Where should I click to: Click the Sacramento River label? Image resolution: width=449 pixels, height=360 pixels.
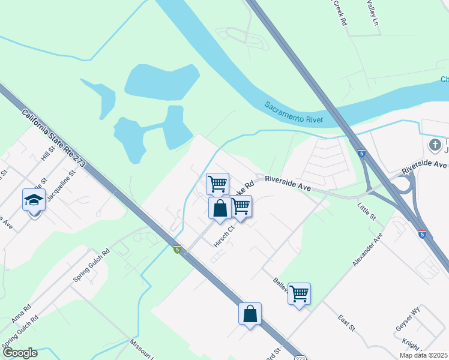coord(294,113)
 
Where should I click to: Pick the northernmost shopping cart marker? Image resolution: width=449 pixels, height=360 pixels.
coord(217,184)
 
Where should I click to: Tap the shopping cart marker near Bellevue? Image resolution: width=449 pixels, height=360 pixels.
coord(298,294)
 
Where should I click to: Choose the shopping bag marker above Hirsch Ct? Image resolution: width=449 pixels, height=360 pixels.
coord(220,209)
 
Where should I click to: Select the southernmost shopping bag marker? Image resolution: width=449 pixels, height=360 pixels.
coord(250,314)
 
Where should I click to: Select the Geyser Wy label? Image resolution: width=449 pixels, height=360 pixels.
coord(408,317)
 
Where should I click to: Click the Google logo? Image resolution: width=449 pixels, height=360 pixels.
coord(20,353)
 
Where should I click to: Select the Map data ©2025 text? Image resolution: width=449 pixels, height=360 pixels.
coord(423,355)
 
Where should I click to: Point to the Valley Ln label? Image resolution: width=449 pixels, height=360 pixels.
coord(372,13)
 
